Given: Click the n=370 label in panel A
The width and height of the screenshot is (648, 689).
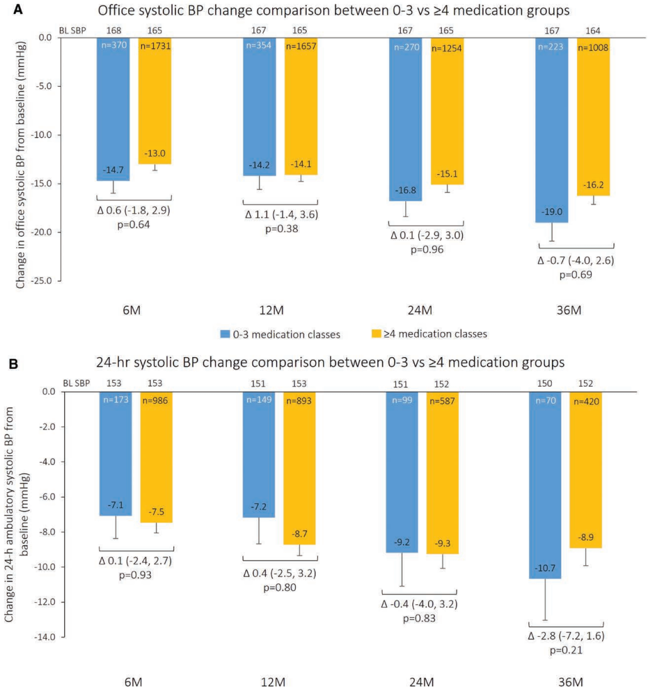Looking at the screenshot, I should point(113,46).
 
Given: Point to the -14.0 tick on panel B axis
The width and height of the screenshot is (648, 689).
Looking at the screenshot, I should point(47,637).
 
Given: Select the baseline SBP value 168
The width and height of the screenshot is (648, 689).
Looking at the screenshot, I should point(113,30).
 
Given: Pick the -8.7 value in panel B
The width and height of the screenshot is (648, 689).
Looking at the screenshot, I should point(300,534).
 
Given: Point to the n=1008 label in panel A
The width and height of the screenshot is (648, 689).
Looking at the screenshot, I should point(593,46).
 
